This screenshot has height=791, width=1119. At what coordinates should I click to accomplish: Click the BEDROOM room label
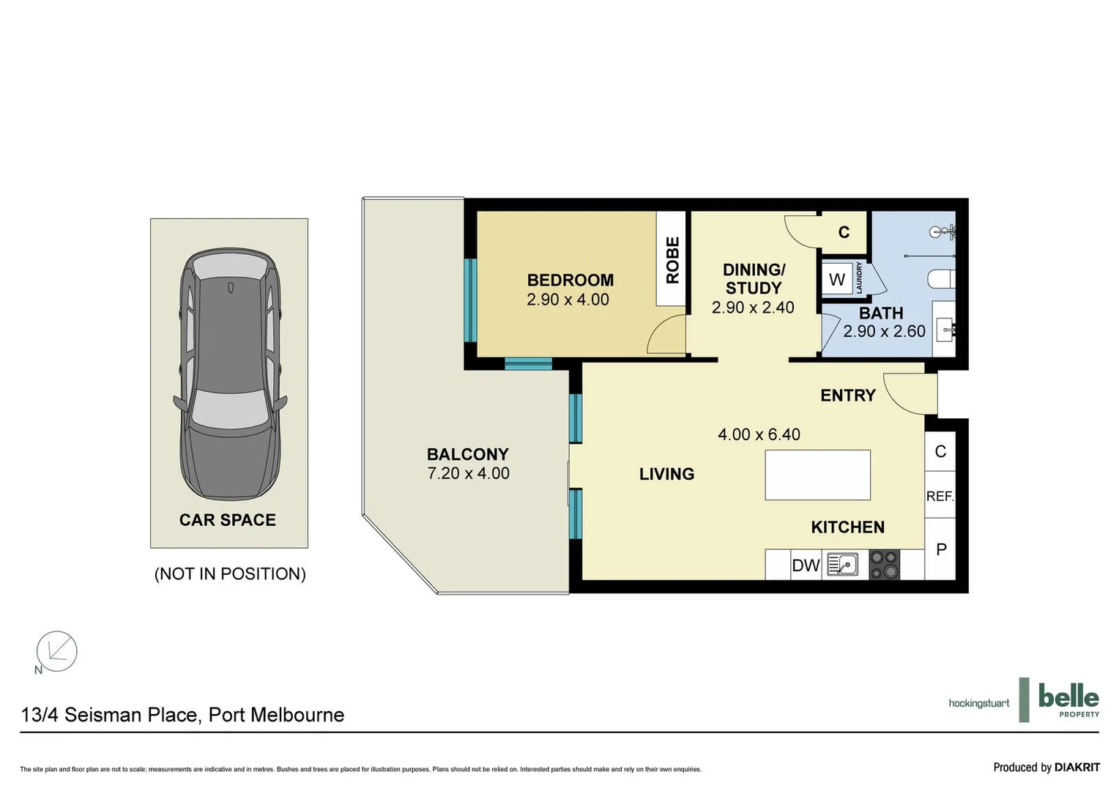click(x=570, y=280)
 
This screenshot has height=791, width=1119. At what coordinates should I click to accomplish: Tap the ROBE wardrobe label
click(x=672, y=259)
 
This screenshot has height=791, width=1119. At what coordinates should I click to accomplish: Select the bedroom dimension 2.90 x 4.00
click(x=568, y=300)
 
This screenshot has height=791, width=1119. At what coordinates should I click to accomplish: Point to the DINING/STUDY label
click(x=754, y=279)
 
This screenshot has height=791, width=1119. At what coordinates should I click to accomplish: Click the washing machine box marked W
click(x=837, y=279)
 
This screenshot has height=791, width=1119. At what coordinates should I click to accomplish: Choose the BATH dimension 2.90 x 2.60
click(x=884, y=331)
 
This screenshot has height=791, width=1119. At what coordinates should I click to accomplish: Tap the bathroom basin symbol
click(x=945, y=330)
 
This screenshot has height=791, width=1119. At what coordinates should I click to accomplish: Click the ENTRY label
click(x=847, y=395)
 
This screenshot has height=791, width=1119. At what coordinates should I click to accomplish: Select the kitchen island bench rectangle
click(x=817, y=475)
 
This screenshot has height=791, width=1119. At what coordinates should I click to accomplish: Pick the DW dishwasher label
click(x=806, y=565)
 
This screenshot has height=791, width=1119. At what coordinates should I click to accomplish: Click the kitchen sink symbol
click(x=843, y=565)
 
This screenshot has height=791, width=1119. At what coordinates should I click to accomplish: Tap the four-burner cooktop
click(x=884, y=565)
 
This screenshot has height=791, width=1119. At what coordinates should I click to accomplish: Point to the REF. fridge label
click(x=940, y=497)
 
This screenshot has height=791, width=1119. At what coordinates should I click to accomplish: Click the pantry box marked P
click(x=941, y=549)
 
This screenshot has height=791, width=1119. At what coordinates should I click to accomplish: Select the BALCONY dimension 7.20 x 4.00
click(x=468, y=474)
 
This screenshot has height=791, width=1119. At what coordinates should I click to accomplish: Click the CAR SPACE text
click(x=228, y=520)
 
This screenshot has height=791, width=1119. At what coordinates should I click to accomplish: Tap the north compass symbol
click(x=56, y=651)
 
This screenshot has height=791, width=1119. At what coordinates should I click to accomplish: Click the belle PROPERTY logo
click(x=1068, y=699)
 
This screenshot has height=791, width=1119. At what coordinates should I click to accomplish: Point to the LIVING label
click(x=666, y=475)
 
